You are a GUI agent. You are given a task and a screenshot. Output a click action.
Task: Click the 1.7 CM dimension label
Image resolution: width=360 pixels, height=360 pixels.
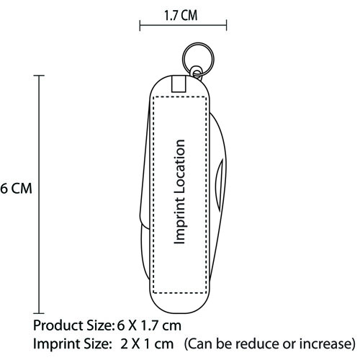[181, 15]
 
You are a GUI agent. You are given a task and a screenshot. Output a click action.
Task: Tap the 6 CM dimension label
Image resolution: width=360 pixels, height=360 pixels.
[16, 189]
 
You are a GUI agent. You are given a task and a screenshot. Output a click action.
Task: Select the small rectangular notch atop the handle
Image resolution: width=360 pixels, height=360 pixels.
[179, 84]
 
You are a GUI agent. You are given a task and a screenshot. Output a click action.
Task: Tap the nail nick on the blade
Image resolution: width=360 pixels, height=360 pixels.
[219, 185]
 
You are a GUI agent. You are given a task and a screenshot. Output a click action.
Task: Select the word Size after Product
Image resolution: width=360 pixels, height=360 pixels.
[99, 325]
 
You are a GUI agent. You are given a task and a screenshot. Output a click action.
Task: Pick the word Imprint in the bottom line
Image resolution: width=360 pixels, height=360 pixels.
[56, 343]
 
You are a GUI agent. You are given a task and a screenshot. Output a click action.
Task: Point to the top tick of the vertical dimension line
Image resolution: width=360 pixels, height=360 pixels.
[39, 76]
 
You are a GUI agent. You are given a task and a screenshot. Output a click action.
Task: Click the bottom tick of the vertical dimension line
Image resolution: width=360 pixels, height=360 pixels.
[39, 313]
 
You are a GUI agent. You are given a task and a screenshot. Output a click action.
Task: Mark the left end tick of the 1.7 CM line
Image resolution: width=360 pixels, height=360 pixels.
[140, 25]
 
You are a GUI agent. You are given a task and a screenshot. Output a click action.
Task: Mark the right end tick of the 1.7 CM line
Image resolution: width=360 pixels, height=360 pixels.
[226, 25]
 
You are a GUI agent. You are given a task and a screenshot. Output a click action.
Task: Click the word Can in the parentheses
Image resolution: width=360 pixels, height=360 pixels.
[199, 343]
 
